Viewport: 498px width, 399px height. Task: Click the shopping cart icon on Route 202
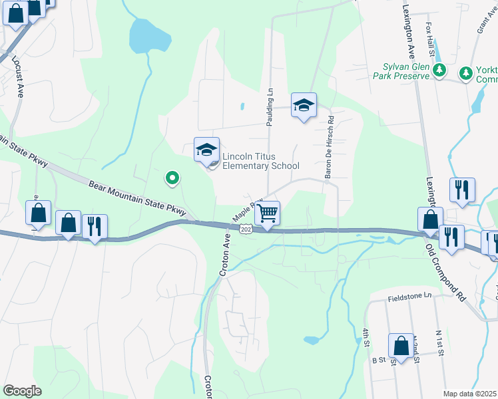[x=267, y=213]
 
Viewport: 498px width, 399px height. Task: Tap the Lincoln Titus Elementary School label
[x=260, y=162]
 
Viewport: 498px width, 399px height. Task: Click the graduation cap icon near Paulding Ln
[x=304, y=105]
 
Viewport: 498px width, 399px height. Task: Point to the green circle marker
[x=172, y=178]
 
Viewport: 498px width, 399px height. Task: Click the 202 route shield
[x=246, y=229]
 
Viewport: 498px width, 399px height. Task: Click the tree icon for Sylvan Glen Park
[x=439, y=70]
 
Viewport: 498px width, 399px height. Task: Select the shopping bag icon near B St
[x=401, y=346]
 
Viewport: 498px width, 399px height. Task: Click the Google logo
[x=22, y=391]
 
